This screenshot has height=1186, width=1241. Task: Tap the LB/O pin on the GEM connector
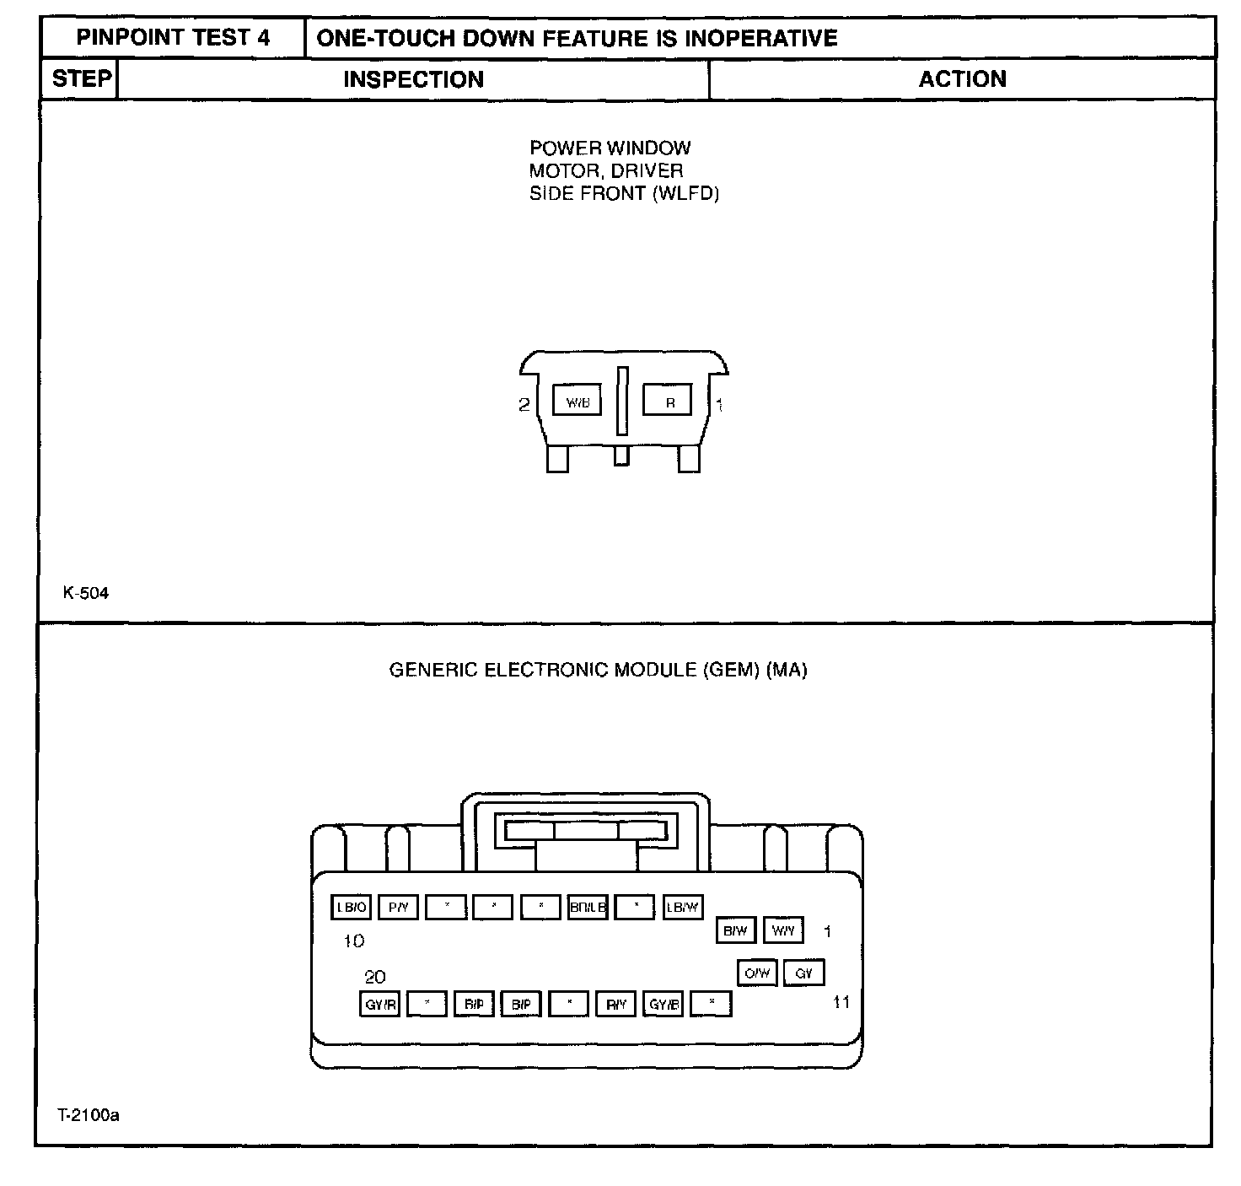(x=351, y=908)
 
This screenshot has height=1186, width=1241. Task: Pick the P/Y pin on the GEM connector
(x=398, y=908)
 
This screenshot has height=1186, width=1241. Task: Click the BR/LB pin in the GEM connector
(x=588, y=908)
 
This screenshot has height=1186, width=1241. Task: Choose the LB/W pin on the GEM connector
(x=682, y=908)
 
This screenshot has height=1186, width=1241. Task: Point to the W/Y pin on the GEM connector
(x=783, y=930)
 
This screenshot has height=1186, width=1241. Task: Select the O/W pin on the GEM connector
(x=757, y=973)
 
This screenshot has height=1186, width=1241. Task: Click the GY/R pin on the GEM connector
(x=379, y=1005)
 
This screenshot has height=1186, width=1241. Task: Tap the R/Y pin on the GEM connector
(x=615, y=1005)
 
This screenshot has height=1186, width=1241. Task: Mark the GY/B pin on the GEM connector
(x=663, y=1005)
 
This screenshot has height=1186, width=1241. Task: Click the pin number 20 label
(x=375, y=977)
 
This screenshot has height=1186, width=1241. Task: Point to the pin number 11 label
(x=841, y=1002)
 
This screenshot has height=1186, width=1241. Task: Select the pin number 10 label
(x=354, y=941)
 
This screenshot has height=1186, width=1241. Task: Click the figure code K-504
(x=86, y=593)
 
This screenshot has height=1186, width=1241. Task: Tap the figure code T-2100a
(x=89, y=1115)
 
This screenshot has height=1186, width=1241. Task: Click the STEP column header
(x=81, y=79)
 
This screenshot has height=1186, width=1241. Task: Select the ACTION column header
(x=962, y=79)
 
